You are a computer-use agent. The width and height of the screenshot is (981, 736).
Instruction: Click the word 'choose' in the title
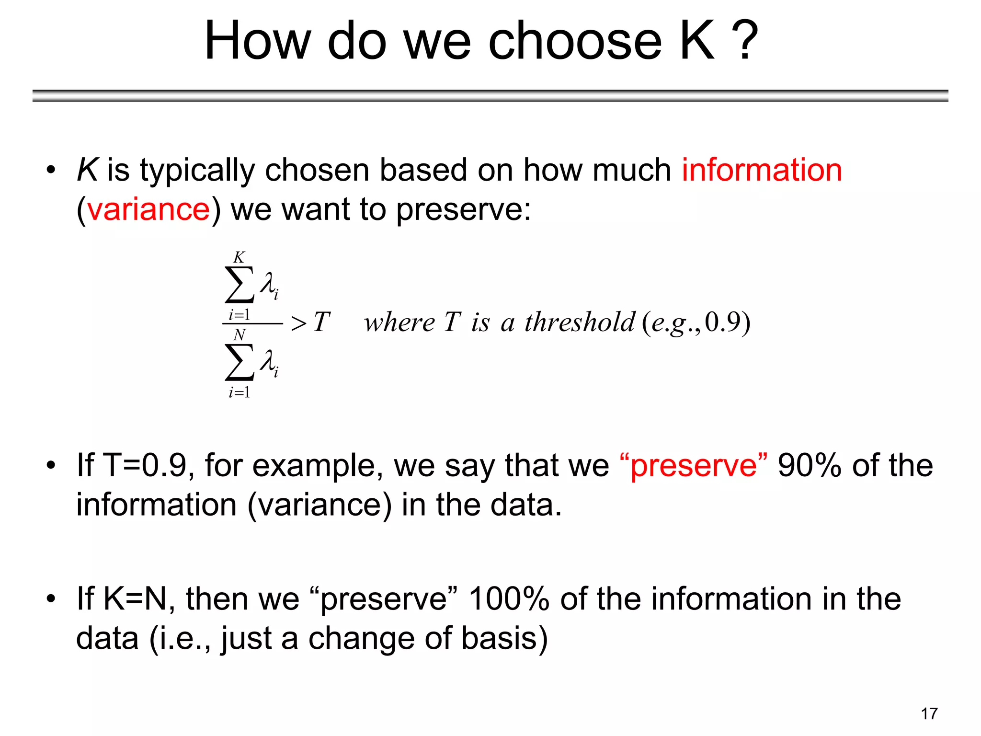pos(575,42)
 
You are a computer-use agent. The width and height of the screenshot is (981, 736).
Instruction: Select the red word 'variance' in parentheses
pos(148,209)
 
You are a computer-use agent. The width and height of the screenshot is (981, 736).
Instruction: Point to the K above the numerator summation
pos(239,257)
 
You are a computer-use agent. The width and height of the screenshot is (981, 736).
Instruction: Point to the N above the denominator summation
pos(239,334)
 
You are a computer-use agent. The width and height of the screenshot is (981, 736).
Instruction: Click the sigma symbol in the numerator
pos(239,285)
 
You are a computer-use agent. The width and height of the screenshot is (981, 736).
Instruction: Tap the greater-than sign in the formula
pos(298,323)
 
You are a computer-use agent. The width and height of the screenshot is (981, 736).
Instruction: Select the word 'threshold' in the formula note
pos(580,322)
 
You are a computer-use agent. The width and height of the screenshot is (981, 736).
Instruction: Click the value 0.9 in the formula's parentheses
pos(723,322)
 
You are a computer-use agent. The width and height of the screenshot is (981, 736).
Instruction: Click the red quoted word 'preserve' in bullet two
pos(693,465)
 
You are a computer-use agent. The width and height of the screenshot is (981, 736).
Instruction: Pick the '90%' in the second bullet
pos(809,465)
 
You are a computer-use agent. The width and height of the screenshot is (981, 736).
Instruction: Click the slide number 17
pos(929,714)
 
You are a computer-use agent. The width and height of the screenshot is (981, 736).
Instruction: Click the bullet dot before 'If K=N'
pos(51,599)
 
